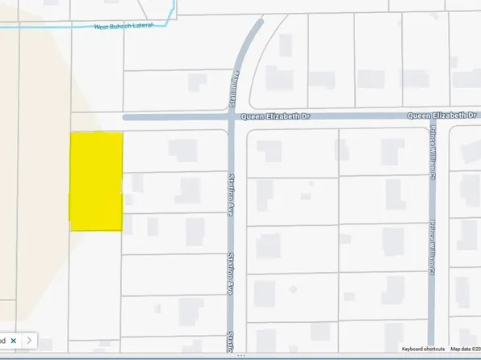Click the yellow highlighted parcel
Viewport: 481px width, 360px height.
coord(97,181)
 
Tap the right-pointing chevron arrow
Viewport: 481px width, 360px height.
coord(31,341)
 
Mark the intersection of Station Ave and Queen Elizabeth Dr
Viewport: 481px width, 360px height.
coord(231,117)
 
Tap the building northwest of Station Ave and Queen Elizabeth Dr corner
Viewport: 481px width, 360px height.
coord(196,82)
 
